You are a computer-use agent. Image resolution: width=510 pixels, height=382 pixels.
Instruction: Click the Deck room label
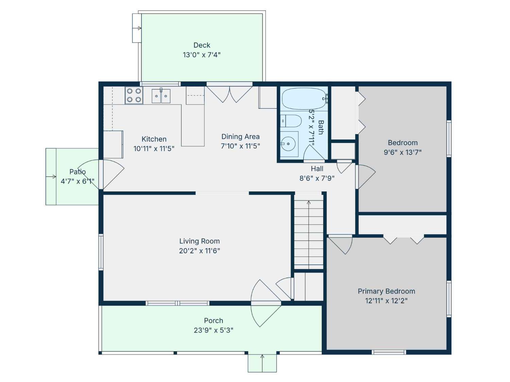tap(202, 45)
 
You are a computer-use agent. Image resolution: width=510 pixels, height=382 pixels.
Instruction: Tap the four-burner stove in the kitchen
tap(134, 95)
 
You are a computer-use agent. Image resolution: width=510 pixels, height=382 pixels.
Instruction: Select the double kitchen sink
tap(161, 96)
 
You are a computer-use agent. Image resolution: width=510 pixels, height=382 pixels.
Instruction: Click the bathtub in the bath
tap(304, 98)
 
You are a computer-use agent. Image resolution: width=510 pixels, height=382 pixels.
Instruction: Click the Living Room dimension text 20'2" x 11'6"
tap(199, 251)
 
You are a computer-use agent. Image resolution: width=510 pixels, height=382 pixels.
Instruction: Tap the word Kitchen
tap(154, 139)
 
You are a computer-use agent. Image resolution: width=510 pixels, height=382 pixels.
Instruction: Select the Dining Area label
tap(240, 137)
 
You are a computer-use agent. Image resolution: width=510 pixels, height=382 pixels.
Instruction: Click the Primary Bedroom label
tap(386, 291)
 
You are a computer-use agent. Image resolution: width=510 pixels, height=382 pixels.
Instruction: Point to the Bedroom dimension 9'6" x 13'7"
tap(403, 152)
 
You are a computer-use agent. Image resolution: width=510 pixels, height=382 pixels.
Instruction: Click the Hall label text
tap(317, 169)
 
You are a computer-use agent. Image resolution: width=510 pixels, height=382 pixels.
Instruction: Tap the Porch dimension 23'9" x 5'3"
tap(214, 330)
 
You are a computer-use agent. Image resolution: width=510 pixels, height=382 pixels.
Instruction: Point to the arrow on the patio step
tap(51, 177)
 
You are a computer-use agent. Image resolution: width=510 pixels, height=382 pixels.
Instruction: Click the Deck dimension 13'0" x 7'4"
tap(202, 55)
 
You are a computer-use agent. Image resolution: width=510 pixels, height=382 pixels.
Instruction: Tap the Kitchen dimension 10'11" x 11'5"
tap(154, 148)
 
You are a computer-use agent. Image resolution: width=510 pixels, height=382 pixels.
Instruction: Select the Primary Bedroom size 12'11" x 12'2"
tap(386, 301)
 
